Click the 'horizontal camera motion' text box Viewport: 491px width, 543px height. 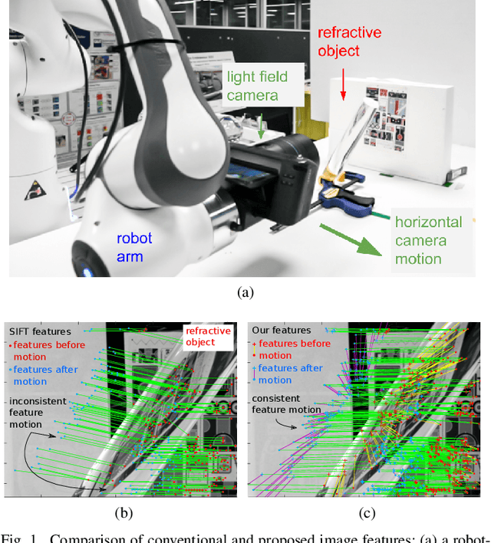428,240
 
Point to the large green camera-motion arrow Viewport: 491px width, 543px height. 349,239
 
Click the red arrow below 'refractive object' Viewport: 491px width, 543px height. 343,85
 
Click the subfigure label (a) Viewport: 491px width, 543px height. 245,291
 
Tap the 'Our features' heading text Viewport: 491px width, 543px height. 281,331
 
